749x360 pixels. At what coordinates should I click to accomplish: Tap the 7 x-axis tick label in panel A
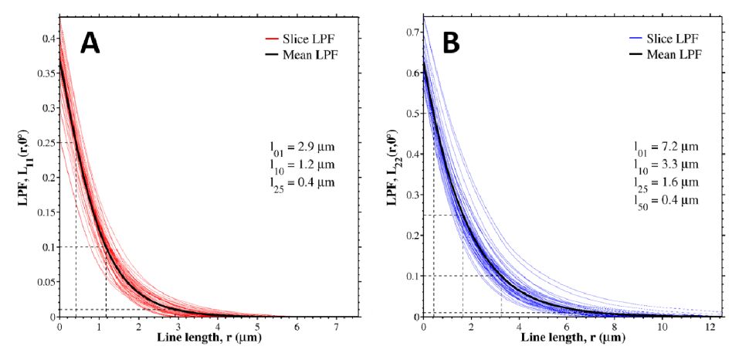(335, 327)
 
